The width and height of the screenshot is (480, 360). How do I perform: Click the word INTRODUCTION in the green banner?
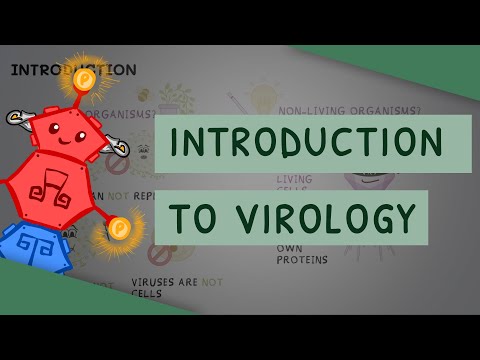(x=306, y=143)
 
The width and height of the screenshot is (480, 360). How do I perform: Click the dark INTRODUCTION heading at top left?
(x=72, y=70)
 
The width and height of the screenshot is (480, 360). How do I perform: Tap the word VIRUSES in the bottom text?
(x=151, y=283)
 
